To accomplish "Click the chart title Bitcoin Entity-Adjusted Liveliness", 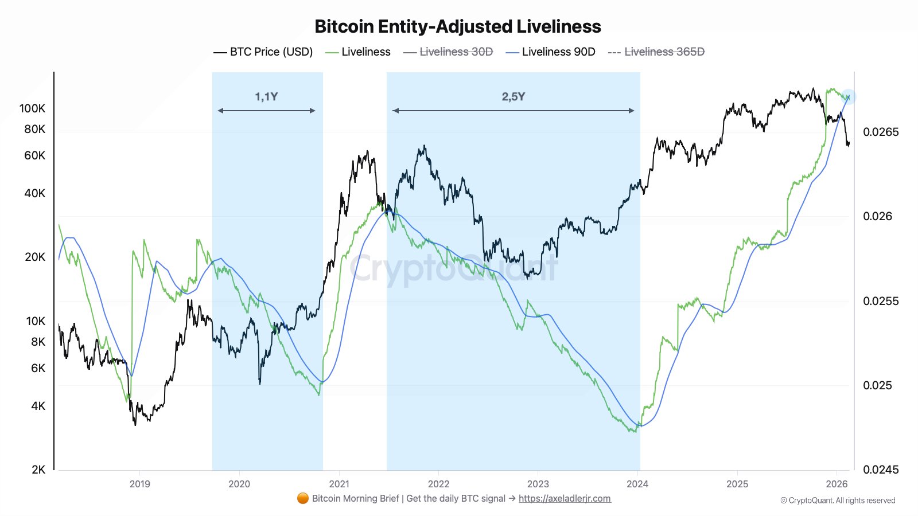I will point(458,26).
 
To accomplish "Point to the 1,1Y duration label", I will point(266,96).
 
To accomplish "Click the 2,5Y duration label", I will point(513,96).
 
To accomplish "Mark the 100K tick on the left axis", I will point(32,108).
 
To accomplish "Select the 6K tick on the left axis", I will point(38,368).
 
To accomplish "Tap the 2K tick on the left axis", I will point(38,470).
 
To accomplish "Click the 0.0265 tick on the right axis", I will point(881,132).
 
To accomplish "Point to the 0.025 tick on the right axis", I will point(877,385).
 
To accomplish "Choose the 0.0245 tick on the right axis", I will point(881,470).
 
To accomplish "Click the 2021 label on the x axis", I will point(339,484).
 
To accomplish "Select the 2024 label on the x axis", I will point(637,484).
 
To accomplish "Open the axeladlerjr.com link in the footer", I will point(565,499).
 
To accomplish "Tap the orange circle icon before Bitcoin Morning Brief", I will point(303,498).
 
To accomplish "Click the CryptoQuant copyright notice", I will point(838,501).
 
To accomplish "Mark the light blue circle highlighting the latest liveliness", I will point(849,97).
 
